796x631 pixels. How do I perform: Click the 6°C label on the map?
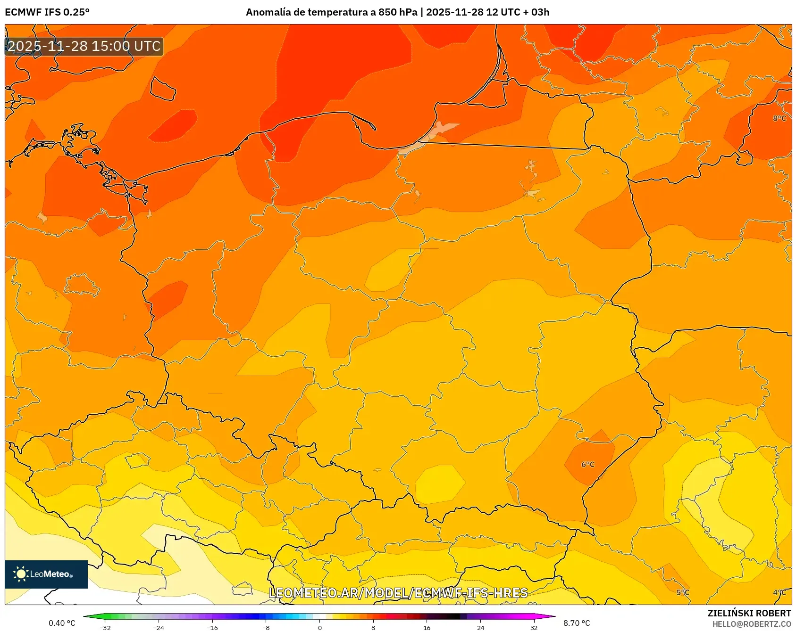587,464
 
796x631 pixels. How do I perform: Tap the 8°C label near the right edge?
779,118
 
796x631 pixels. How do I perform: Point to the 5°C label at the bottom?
683,592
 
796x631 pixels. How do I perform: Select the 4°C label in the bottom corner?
779,592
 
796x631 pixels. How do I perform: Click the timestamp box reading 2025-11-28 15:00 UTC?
84,46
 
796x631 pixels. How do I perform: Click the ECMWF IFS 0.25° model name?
47,12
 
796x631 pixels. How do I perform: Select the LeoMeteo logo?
46,574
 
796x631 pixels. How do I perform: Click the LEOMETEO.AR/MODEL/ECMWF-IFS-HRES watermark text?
398,593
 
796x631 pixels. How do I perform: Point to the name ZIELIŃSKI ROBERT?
749,613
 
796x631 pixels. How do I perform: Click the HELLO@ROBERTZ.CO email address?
751,624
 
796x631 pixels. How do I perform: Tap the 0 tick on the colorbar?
320,628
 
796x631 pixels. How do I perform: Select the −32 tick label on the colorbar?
105,628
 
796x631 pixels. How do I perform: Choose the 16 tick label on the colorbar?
427,628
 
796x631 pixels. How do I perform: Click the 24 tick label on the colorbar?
480,628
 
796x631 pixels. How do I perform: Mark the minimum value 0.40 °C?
62,623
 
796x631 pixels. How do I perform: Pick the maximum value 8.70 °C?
577,623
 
